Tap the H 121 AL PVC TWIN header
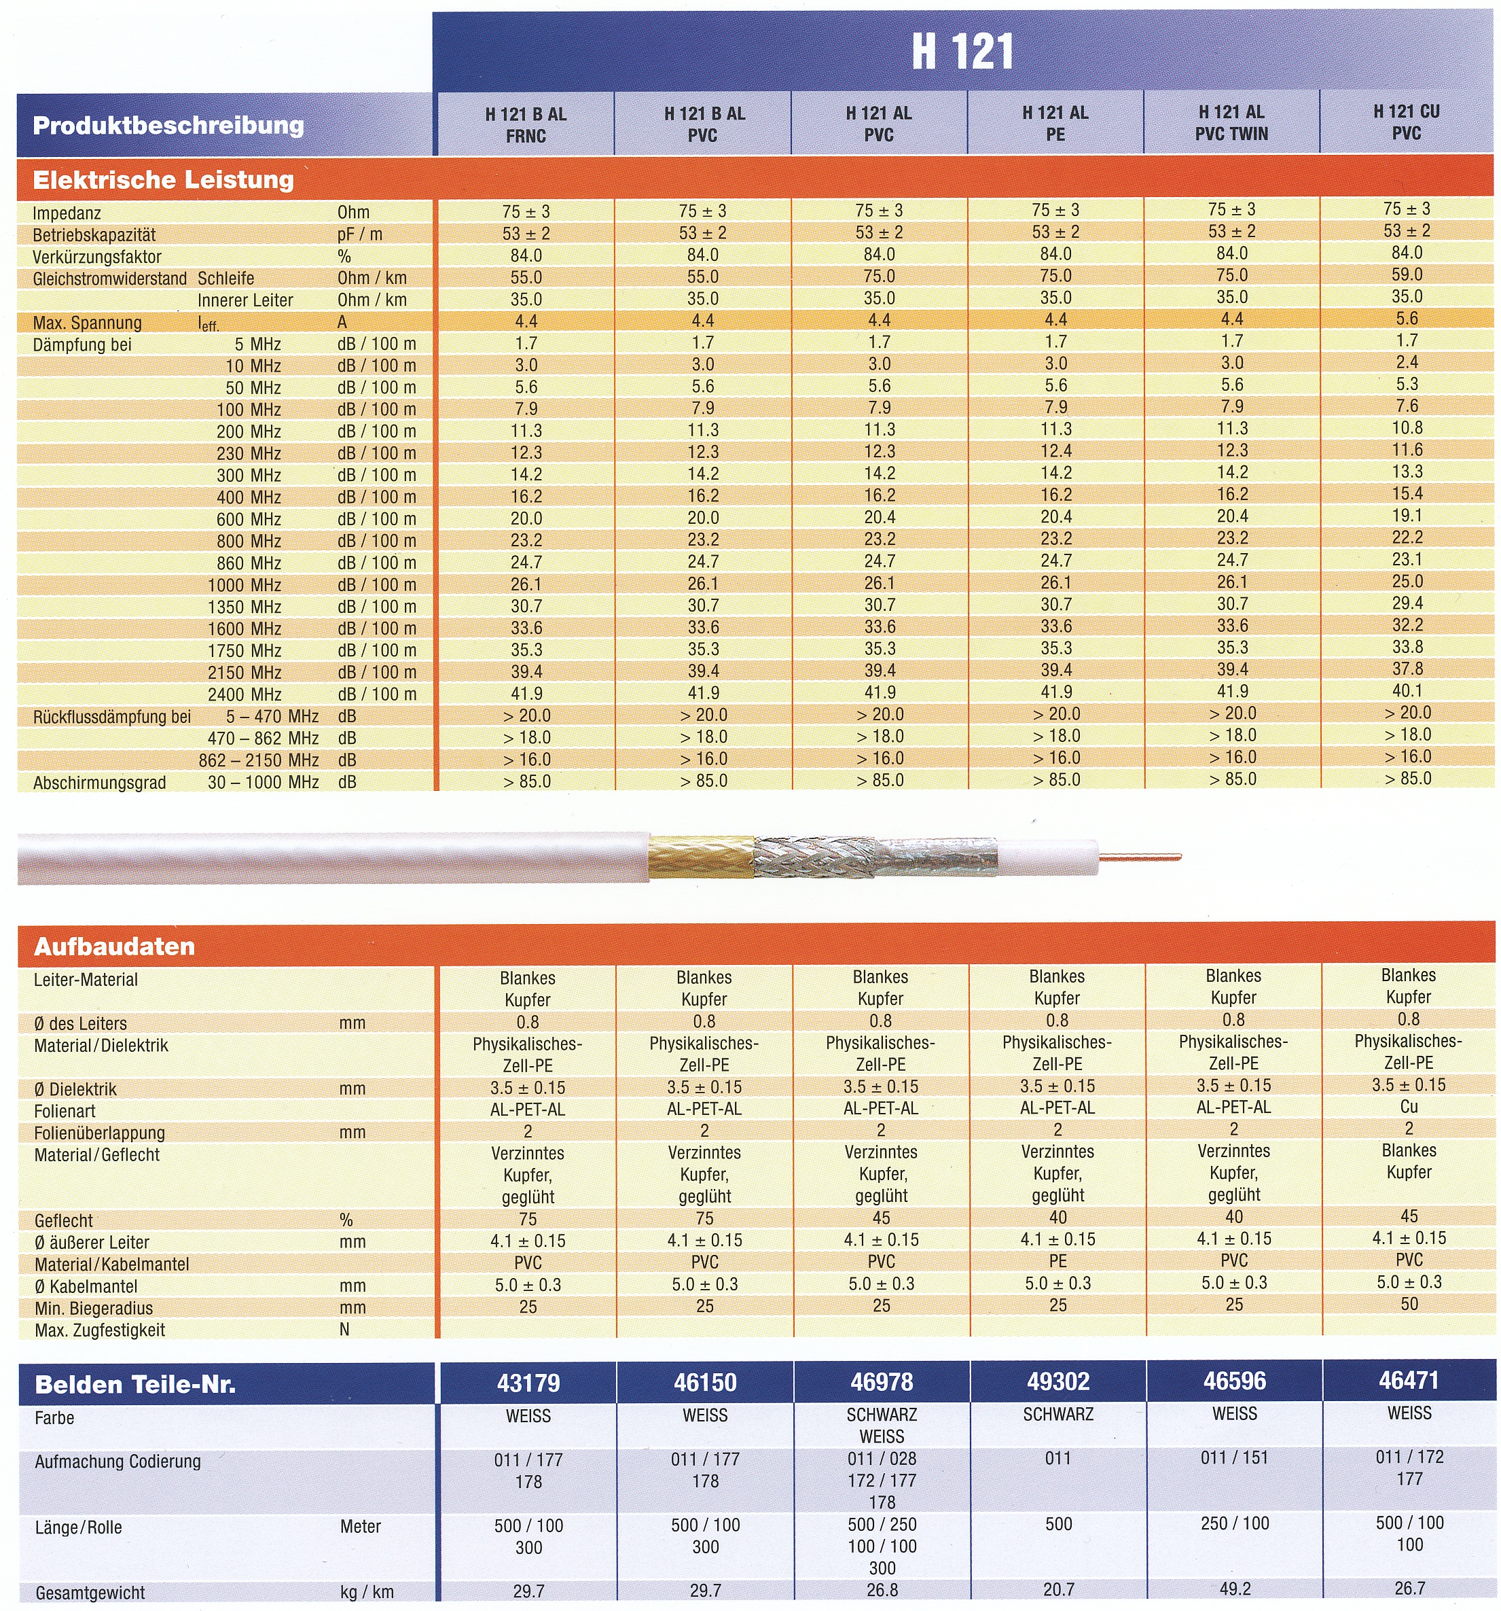1231,123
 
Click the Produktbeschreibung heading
168,126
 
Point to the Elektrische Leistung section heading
163,180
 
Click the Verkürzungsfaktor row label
97,257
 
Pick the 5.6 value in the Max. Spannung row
1407,319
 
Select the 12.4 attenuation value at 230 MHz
1055,451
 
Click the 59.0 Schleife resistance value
1407,275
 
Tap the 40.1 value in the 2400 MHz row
1407,690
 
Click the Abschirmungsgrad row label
100,783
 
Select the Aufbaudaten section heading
114,946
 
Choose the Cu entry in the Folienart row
1409,1107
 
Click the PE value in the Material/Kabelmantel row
1057,1262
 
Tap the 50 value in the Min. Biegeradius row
1409,1304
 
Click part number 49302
1058,1381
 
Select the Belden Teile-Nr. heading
135,1385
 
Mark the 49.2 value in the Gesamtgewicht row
1235,1589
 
